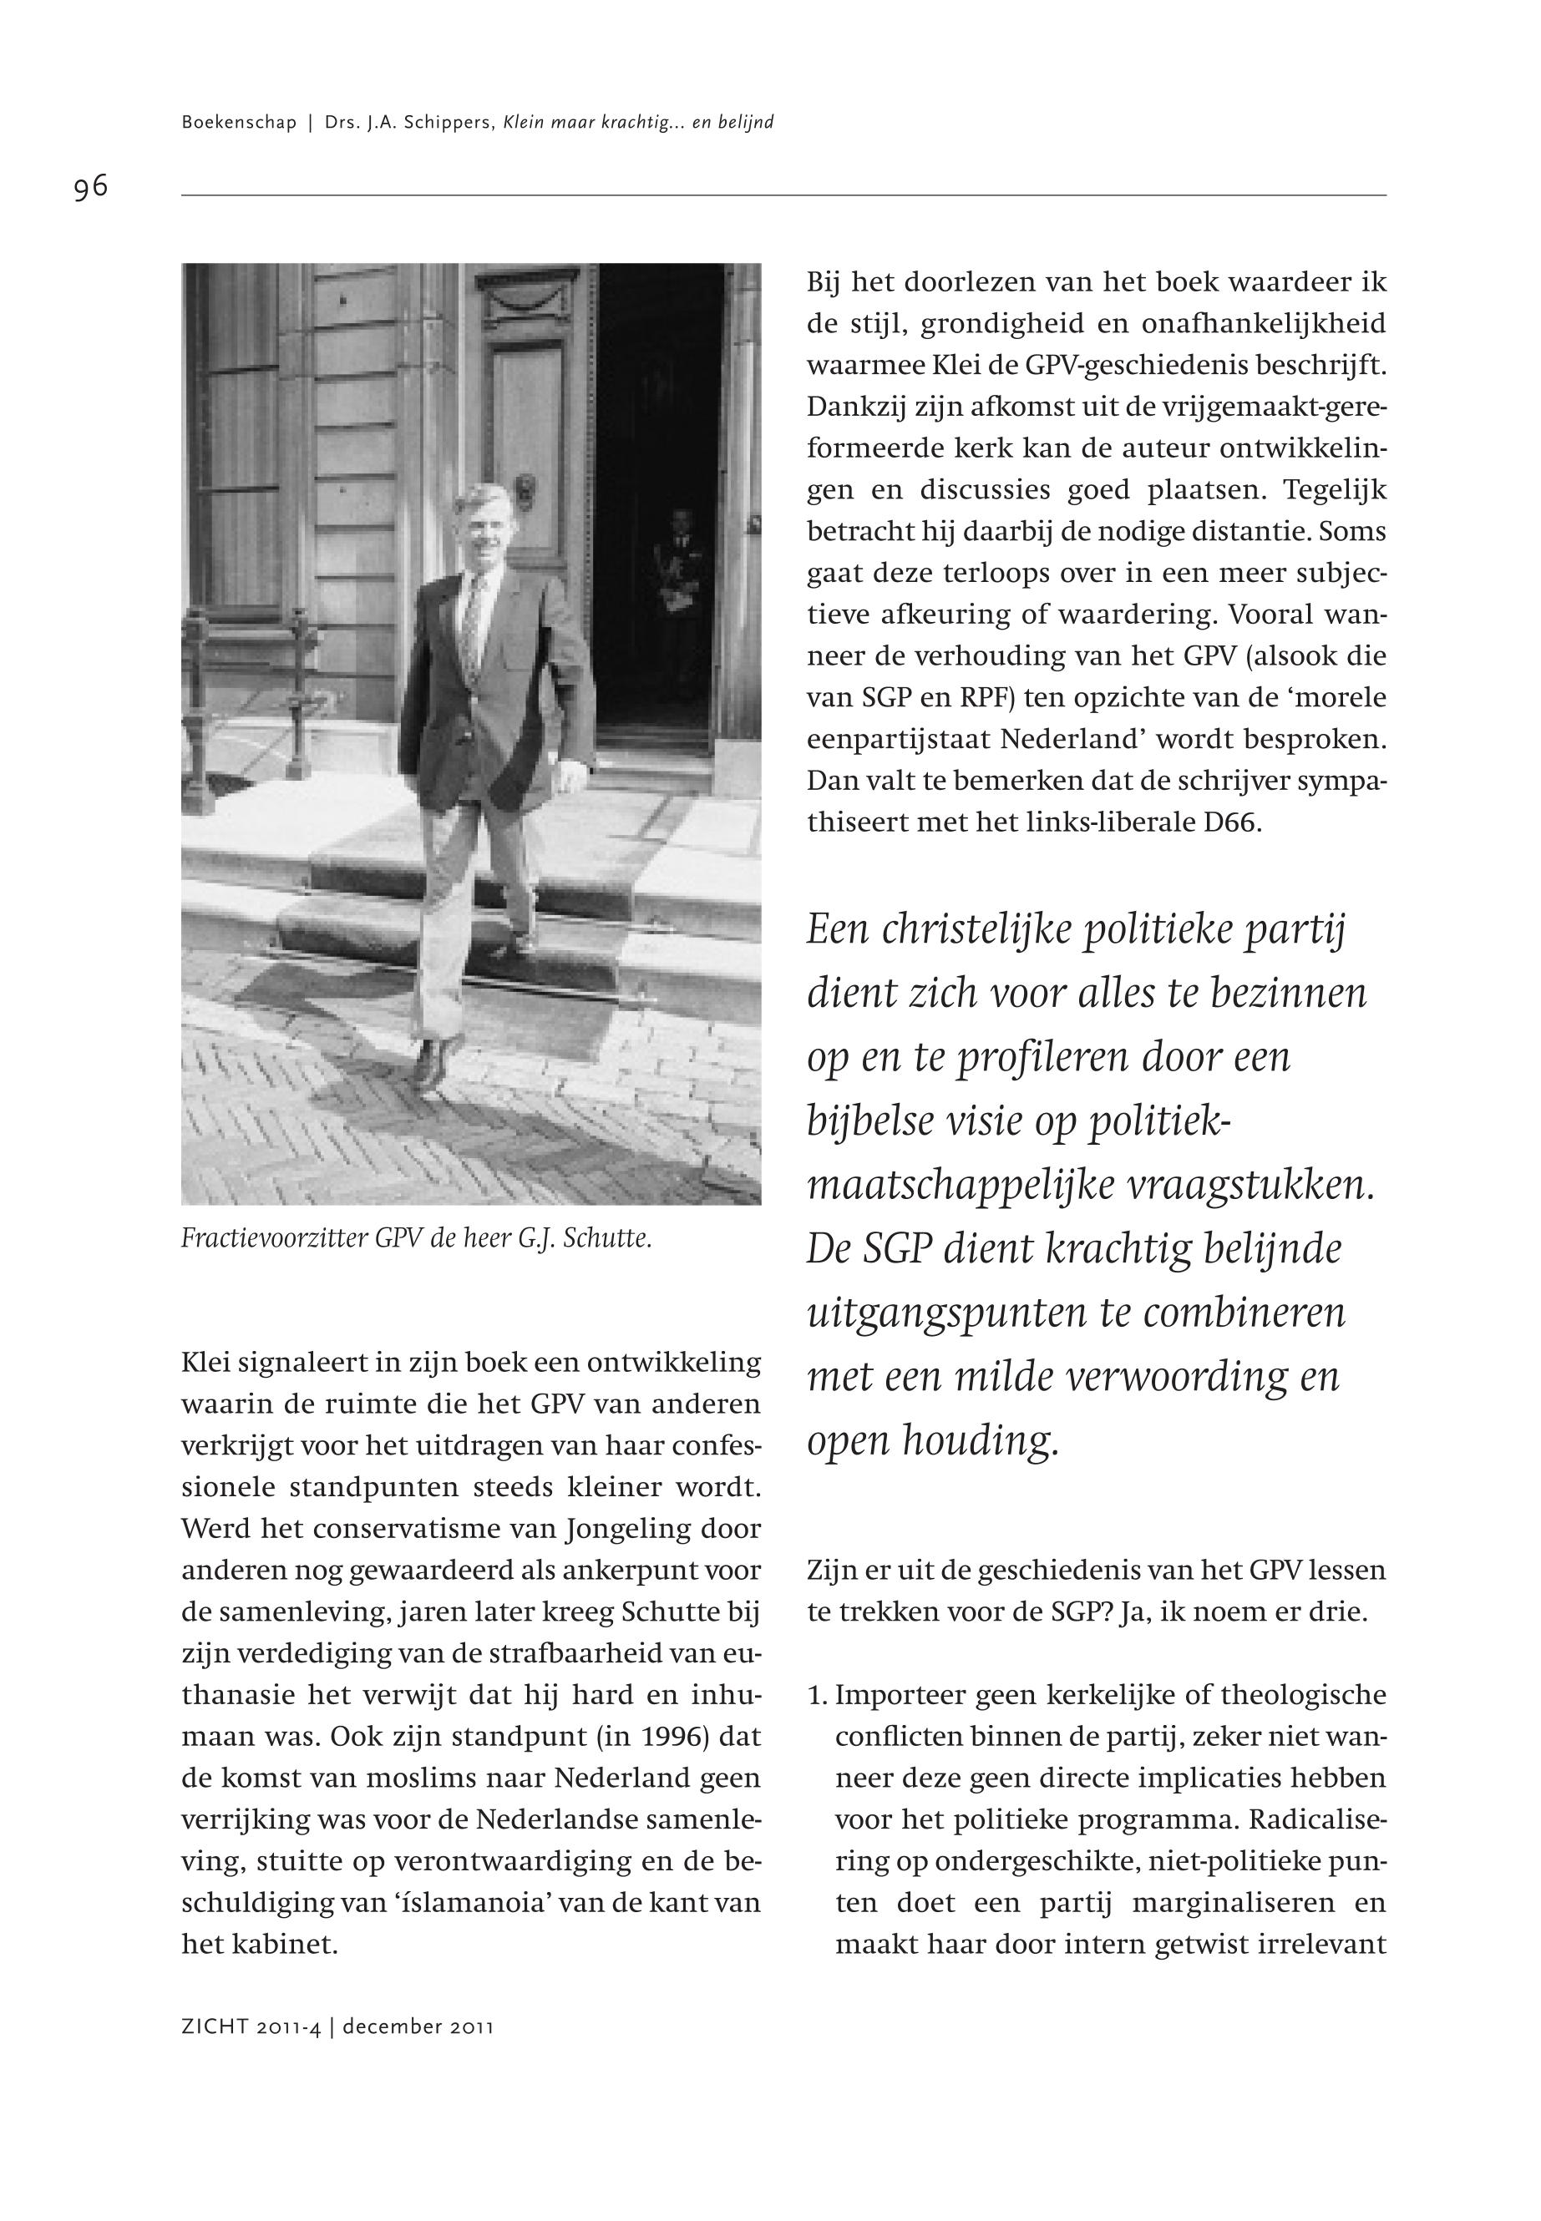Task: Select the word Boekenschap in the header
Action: (x=239, y=123)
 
